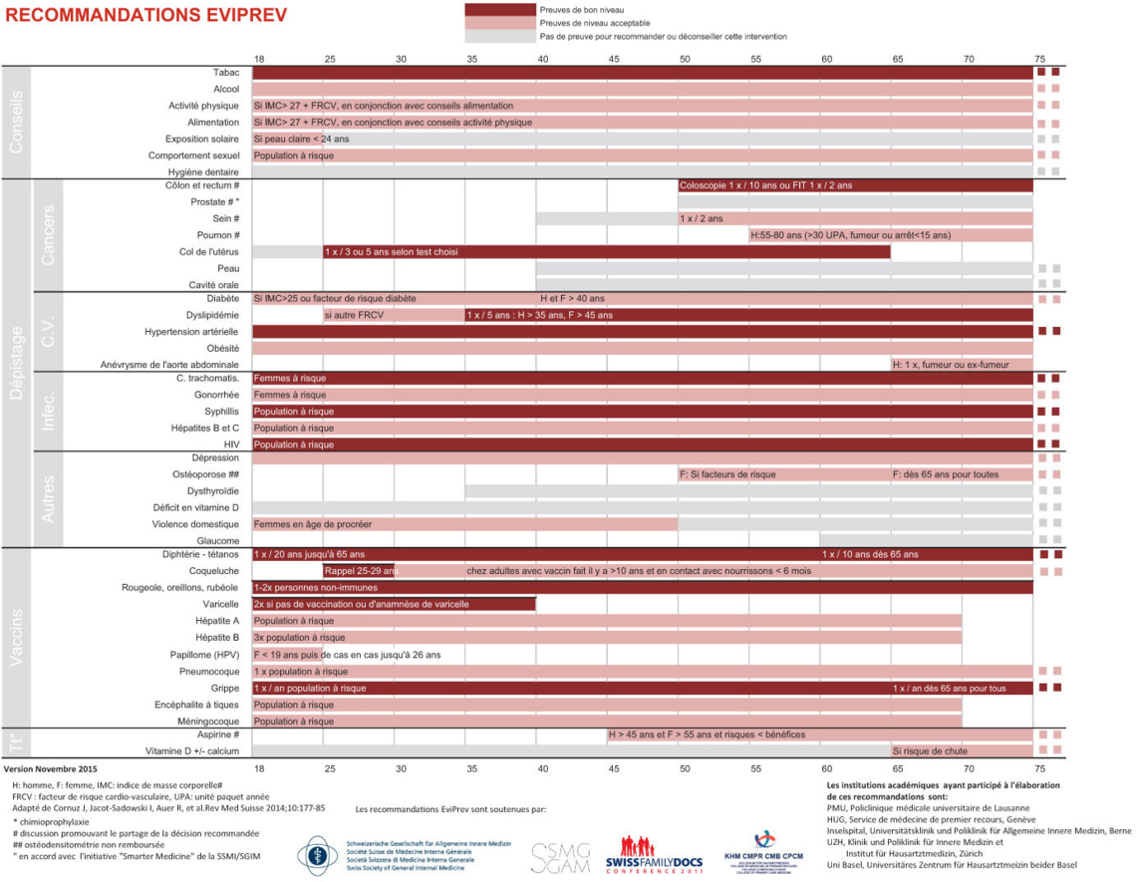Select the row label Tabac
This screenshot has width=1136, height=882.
click(225, 73)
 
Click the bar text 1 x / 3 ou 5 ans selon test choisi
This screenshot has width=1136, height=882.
click(391, 252)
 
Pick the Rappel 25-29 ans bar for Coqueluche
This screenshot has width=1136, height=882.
click(359, 571)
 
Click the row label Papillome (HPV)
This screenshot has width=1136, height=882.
click(204, 655)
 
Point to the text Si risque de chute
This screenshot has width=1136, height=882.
click(930, 750)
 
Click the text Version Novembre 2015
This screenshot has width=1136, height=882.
click(51, 769)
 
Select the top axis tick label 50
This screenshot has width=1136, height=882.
click(685, 59)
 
